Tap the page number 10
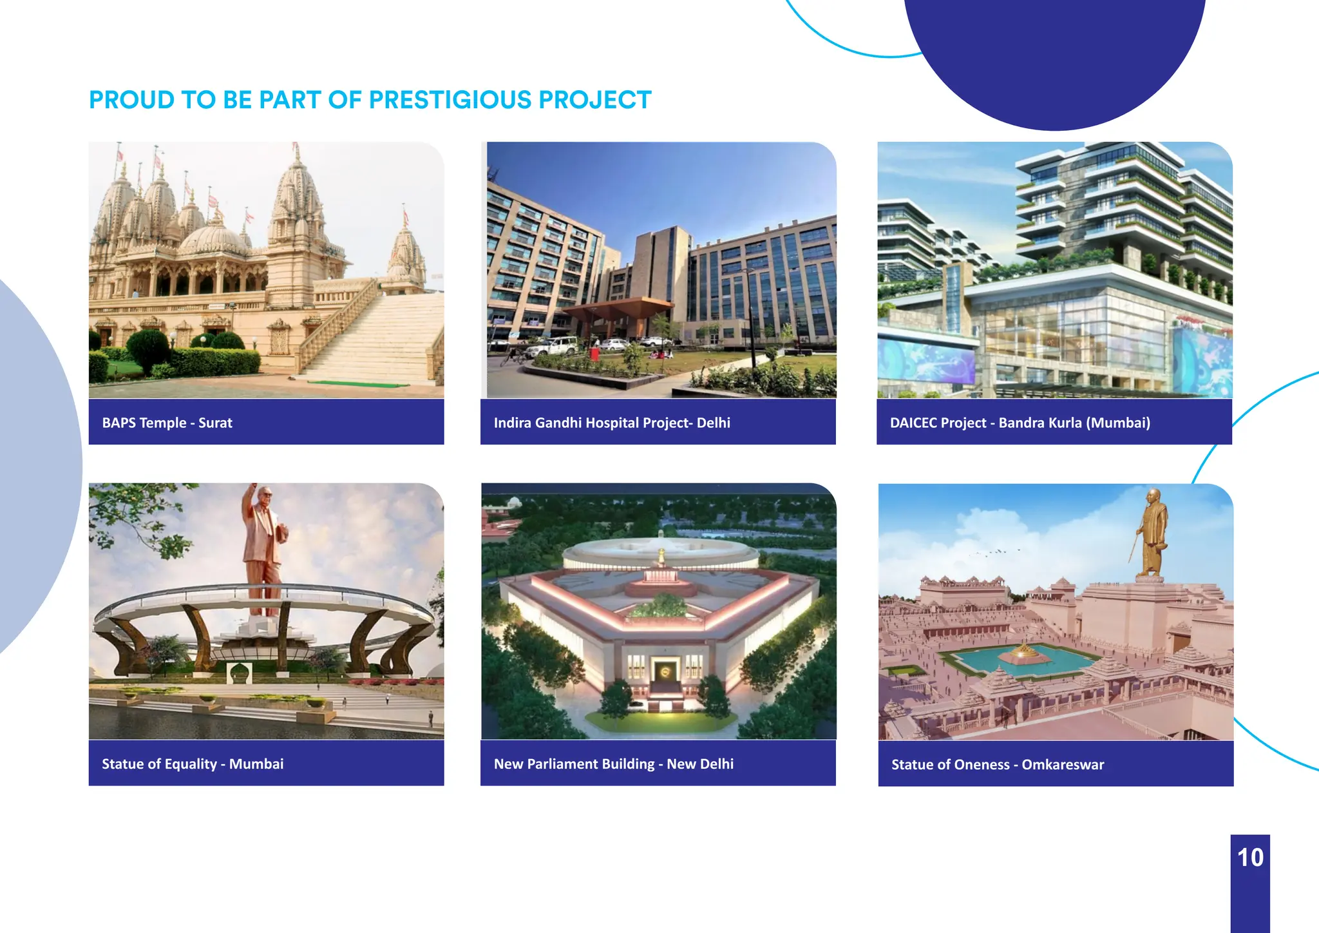(x=1250, y=858)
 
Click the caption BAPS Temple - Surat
(x=167, y=423)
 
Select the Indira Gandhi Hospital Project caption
(x=612, y=423)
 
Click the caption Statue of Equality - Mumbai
(x=193, y=764)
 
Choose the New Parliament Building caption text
(x=613, y=764)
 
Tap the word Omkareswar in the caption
(x=1063, y=764)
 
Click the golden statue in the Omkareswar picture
(x=1152, y=535)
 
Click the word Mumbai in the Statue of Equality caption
(x=256, y=764)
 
